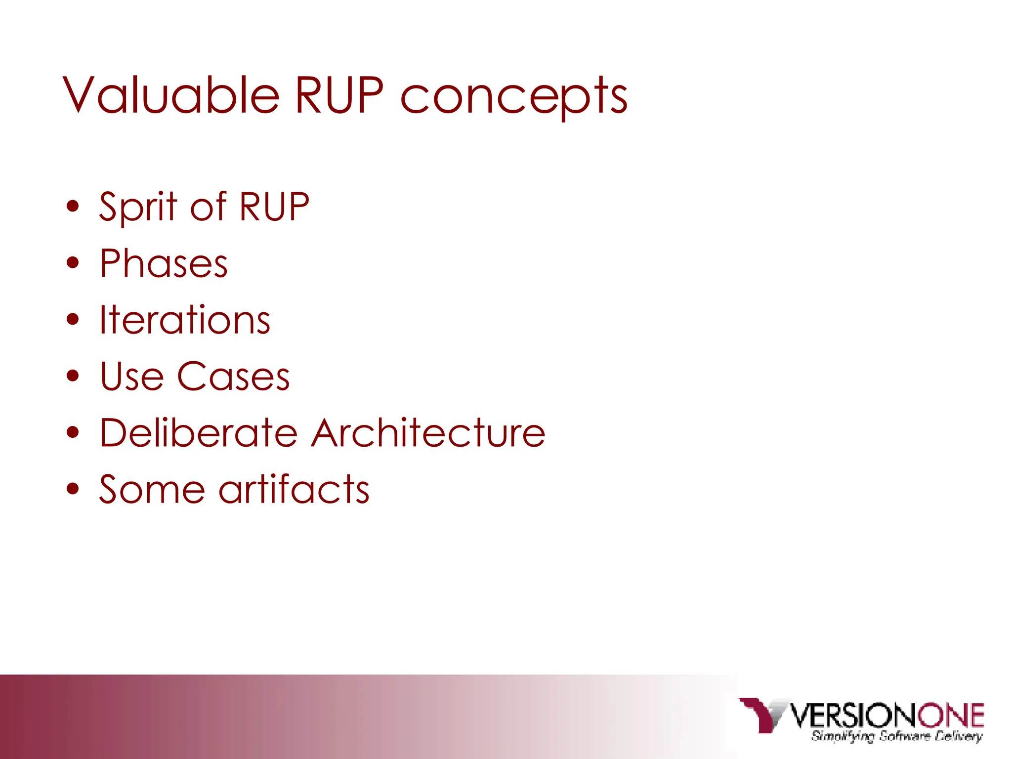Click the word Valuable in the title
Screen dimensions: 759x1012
[171, 95]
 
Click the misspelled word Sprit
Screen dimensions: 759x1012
[138, 207]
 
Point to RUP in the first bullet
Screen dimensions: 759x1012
[274, 206]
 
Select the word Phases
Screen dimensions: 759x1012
[164, 263]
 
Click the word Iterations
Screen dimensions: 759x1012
[185, 320]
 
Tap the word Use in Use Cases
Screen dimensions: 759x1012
[131, 377]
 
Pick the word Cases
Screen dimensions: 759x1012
[233, 377]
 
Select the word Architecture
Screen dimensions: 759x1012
[428, 433]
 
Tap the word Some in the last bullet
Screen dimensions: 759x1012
[152, 489]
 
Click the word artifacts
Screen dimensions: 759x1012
[294, 489]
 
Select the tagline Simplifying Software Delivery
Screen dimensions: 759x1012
[896, 736]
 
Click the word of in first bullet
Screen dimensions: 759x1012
[208, 206]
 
